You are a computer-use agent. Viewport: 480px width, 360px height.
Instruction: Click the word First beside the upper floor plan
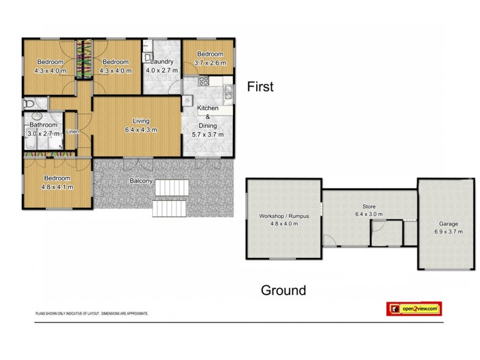pos(260,87)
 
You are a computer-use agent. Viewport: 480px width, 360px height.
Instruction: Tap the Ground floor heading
pos(283,291)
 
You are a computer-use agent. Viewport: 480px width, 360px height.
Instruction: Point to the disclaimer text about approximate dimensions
pos(92,314)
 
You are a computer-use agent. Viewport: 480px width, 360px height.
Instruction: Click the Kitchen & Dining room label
pos(208,121)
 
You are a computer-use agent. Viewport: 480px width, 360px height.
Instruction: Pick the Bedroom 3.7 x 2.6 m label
pos(207,58)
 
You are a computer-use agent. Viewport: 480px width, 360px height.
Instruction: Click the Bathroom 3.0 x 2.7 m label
pos(41,129)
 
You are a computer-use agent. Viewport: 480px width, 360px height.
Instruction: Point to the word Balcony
pos(141,181)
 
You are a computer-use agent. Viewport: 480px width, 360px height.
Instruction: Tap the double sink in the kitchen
pos(229,92)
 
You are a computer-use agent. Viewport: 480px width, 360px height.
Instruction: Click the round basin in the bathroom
pos(35,118)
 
